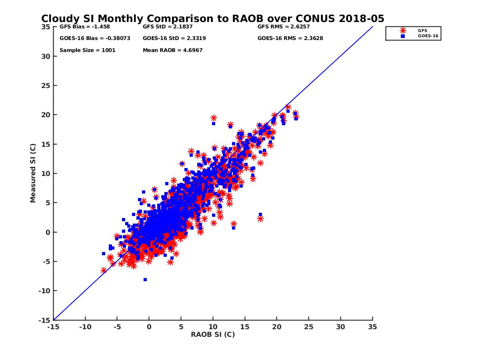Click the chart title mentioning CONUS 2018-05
[213, 18]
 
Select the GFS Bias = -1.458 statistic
[84, 27]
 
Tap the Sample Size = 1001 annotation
[87, 50]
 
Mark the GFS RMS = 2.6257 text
[284, 27]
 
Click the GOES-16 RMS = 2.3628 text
[290, 38]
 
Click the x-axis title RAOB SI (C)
[213, 334]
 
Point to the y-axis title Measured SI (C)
[33, 173]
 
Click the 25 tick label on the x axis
[308, 327]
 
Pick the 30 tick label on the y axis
[46, 56]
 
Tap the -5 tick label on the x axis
[117, 327]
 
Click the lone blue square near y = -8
[145, 280]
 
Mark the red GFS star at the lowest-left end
[104, 270]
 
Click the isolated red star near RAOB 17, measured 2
[260, 219]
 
